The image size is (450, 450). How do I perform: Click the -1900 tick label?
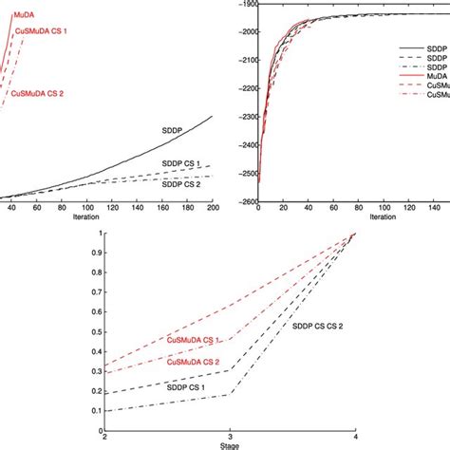tap(243, 5)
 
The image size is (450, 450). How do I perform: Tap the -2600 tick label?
tap(243, 201)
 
